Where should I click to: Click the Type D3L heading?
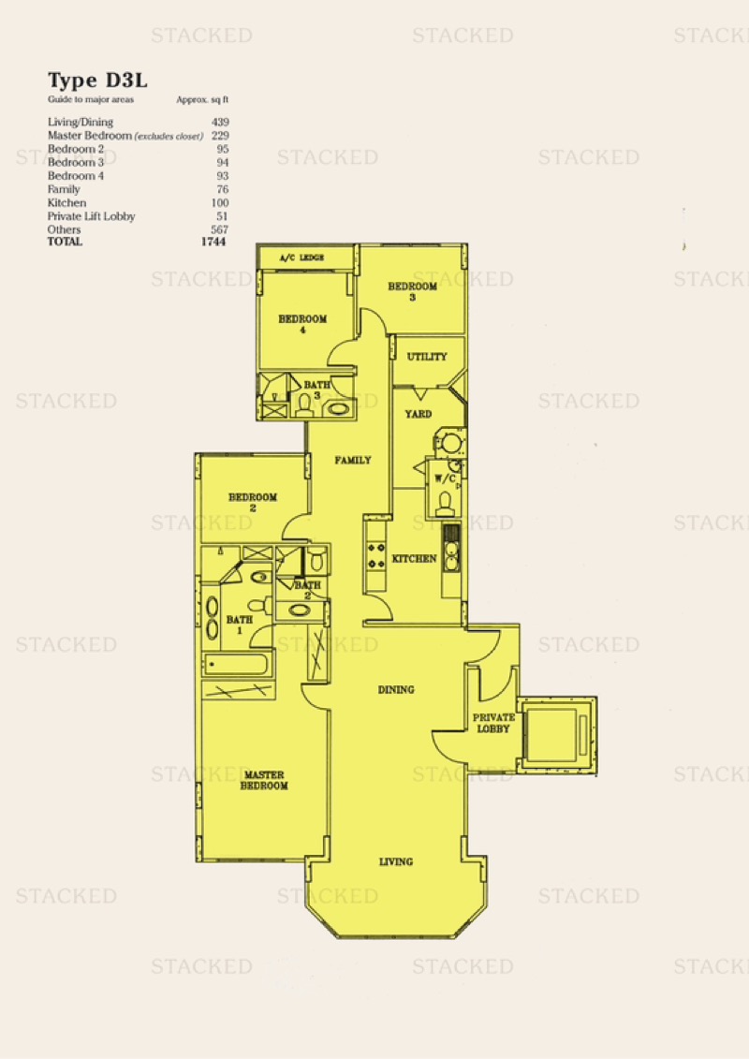pos(97,81)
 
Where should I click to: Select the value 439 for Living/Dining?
pos(220,123)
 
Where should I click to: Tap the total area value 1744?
pos(213,242)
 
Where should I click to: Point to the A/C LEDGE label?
pos(301,257)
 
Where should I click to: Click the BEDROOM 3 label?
pos(412,291)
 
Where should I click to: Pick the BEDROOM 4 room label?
pos(302,324)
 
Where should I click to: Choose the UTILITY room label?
pos(427,357)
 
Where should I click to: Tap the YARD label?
pos(419,414)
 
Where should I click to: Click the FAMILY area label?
pos(353,461)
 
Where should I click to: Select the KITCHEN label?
pos(414,559)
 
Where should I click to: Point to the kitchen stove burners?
pos(375,554)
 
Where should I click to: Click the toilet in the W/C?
pos(445,503)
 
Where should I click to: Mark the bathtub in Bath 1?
pos(239,664)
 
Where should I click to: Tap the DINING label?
pos(396,689)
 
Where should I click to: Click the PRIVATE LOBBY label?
pos(493,723)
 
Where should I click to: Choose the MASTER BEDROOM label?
pos(264,780)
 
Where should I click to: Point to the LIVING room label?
pos(396,861)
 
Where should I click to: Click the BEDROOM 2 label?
pos(253,502)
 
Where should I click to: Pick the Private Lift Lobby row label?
pos(91,217)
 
